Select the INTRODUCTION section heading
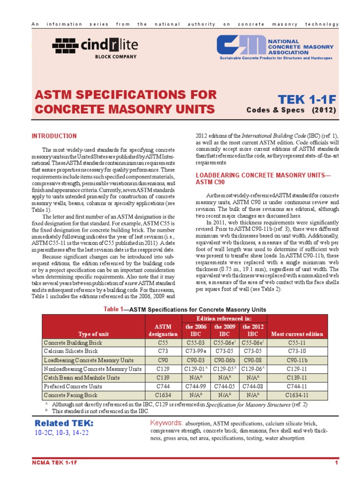(x=54, y=136)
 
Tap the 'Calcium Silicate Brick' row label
(x=72, y=351)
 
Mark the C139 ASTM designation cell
(x=163, y=377)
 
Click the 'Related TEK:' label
(x=64, y=423)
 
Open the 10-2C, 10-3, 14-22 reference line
(x=61, y=433)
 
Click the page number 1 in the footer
(x=337, y=464)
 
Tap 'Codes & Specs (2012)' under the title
(x=291, y=111)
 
